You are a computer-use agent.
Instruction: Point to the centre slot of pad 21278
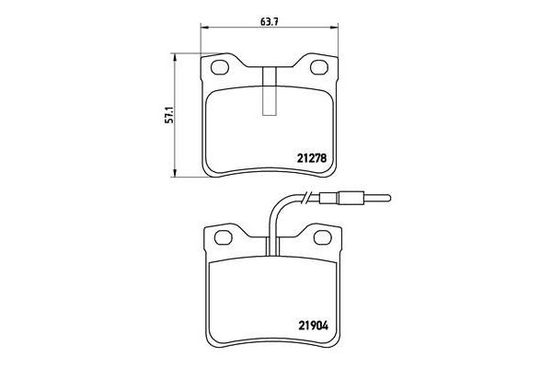coord(270,92)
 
